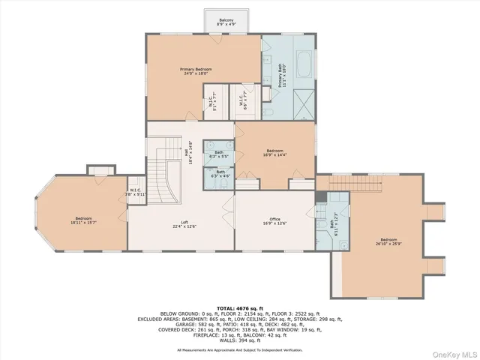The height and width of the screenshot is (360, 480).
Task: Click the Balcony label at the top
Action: (226, 22)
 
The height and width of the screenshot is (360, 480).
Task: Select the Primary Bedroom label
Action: (196, 71)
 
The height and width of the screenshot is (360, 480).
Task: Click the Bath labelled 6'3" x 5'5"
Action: (219, 154)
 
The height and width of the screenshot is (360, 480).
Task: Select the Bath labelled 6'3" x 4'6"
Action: (220, 174)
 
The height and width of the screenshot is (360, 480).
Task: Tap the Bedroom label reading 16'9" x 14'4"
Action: (274, 151)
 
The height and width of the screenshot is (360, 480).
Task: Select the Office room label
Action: (274, 222)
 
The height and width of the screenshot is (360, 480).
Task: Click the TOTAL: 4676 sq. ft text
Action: (240, 308)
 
